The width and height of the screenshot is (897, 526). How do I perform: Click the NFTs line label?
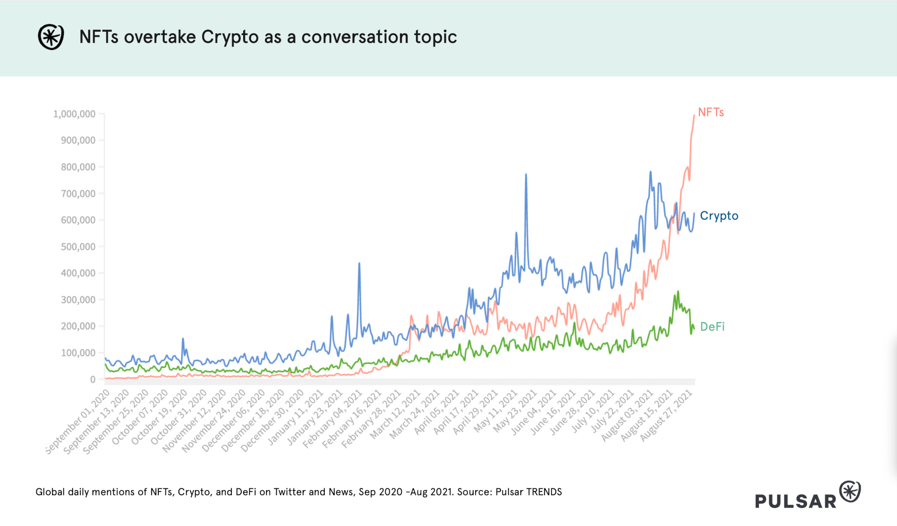(711, 112)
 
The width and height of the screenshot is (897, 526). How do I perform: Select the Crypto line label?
(719, 216)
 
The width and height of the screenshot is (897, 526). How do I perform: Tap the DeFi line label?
(712, 327)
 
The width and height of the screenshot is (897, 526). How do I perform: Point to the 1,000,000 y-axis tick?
(74, 114)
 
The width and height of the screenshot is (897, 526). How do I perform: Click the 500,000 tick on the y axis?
(78, 247)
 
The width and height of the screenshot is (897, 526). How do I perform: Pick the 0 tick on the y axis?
(93, 379)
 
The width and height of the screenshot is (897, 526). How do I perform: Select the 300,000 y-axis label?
(78, 300)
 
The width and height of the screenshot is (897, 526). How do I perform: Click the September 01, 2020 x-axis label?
(77, 422)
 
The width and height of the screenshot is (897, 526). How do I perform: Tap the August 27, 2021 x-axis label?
(666, 416)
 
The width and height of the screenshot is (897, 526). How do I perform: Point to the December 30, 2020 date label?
(272, 421)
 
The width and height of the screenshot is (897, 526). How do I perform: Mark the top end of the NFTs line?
(694, 115)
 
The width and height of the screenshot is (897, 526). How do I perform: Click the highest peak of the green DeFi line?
(678, 291)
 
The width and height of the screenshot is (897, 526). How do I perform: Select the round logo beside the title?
(51, 37)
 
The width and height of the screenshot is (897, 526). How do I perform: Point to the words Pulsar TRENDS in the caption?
(529, 492)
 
